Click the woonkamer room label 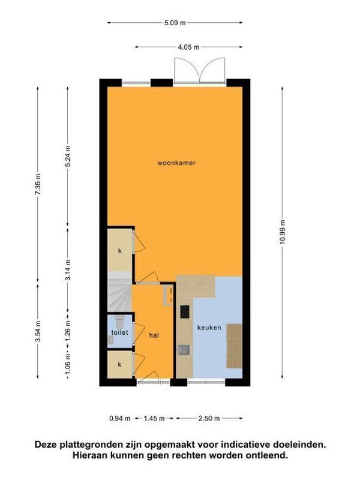176,163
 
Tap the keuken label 209,328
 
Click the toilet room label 120,332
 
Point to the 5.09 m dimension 175,23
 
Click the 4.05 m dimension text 188,46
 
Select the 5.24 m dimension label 68,157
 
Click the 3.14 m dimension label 68,269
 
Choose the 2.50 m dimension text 209,418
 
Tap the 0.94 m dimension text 120,418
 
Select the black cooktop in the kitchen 184,311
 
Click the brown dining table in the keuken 235,346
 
